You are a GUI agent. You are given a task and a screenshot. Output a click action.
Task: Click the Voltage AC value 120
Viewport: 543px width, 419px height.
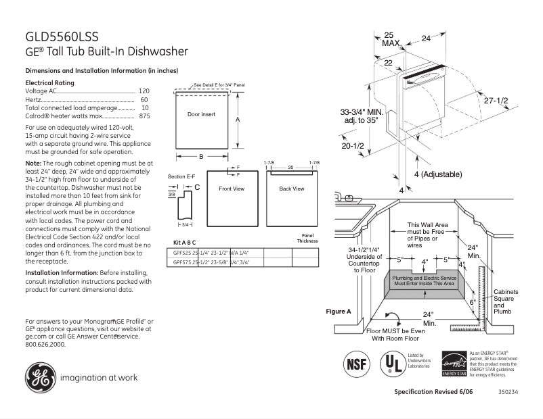tap(144, 91)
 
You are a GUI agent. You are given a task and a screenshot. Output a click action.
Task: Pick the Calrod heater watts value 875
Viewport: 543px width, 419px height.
tap(144, 116)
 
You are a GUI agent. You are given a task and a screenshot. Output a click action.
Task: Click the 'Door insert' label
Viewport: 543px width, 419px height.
tap(201, 115)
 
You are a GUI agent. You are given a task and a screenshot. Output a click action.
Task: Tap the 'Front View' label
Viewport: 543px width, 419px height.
tap(231, 189)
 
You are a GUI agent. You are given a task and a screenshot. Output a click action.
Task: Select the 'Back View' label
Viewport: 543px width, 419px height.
tap(292, 189)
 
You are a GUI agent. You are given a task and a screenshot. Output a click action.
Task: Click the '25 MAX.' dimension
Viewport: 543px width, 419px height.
tap(389, 39)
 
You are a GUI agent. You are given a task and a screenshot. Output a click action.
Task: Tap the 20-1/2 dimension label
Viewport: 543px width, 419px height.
tap(353, 146)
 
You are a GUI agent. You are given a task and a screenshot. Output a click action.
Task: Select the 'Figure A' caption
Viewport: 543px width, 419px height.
tap(339, 312)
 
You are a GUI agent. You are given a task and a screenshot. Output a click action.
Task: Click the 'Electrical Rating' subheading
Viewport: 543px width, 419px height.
tap(49, 82)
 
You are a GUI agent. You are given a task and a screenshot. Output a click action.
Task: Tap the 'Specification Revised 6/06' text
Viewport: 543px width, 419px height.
tap(433, 393)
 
